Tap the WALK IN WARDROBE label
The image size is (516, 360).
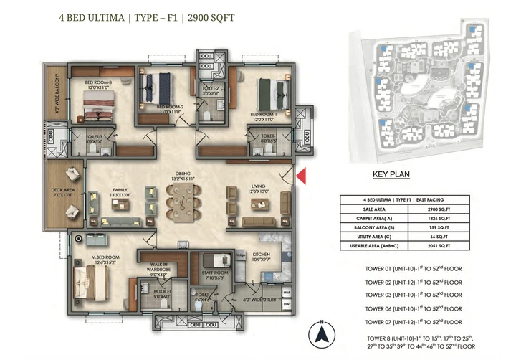(x=159, y=269)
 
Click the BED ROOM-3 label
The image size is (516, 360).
(x=98, y=82)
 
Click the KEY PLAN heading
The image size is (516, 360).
(x=391, y=174)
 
